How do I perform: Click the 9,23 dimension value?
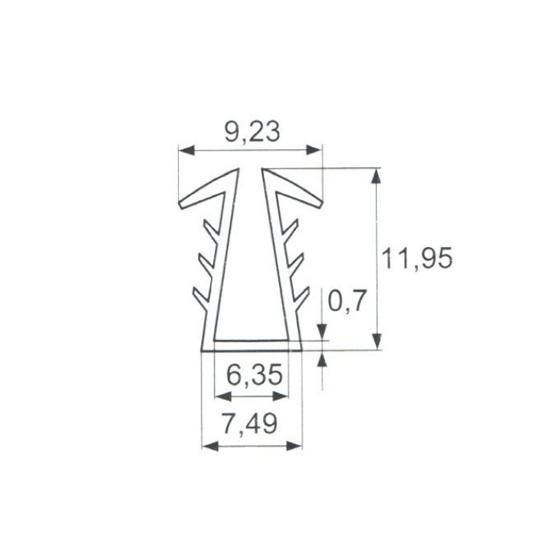pyautogui.click(x=252, y=132)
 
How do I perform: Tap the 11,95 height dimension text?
pyautogui.click(x=417, y=259)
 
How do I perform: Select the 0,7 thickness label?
pyautogui.click(x=347, y=301)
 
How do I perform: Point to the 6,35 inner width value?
pyautogui.click(x=254, y=375)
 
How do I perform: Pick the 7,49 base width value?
pyautogui.click(x=250, y=424)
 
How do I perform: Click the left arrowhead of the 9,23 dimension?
pyautogui.click(x=186, y=150)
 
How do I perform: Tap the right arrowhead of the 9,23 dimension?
pyautogui.click(x=313, y=150)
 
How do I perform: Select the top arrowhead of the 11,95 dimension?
pyautogui.click(x=376, y=176)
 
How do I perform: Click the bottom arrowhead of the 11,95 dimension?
pyautogui.click(x=376, y=341)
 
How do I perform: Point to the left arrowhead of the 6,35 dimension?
pyautogui.click(x=223, y=396)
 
